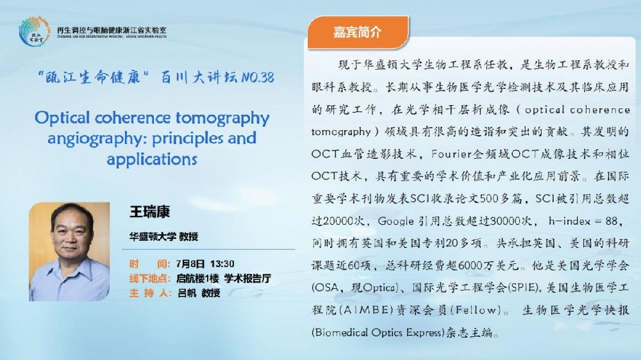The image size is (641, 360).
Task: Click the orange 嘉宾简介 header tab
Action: pos(358,32)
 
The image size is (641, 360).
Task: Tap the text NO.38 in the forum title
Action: pos(258,78)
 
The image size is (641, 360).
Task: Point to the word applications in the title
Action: pos(152,159)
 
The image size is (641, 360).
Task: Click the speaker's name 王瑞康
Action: pos(149,211)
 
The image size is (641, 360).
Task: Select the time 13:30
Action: pos(222,264)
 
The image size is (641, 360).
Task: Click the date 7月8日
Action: pos(190,264)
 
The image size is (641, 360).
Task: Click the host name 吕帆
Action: pos(187,293)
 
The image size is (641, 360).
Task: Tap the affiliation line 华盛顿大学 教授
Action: pos(163,236)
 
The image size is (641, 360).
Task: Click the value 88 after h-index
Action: pos(612,221)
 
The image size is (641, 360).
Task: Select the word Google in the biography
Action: pos(395,222)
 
